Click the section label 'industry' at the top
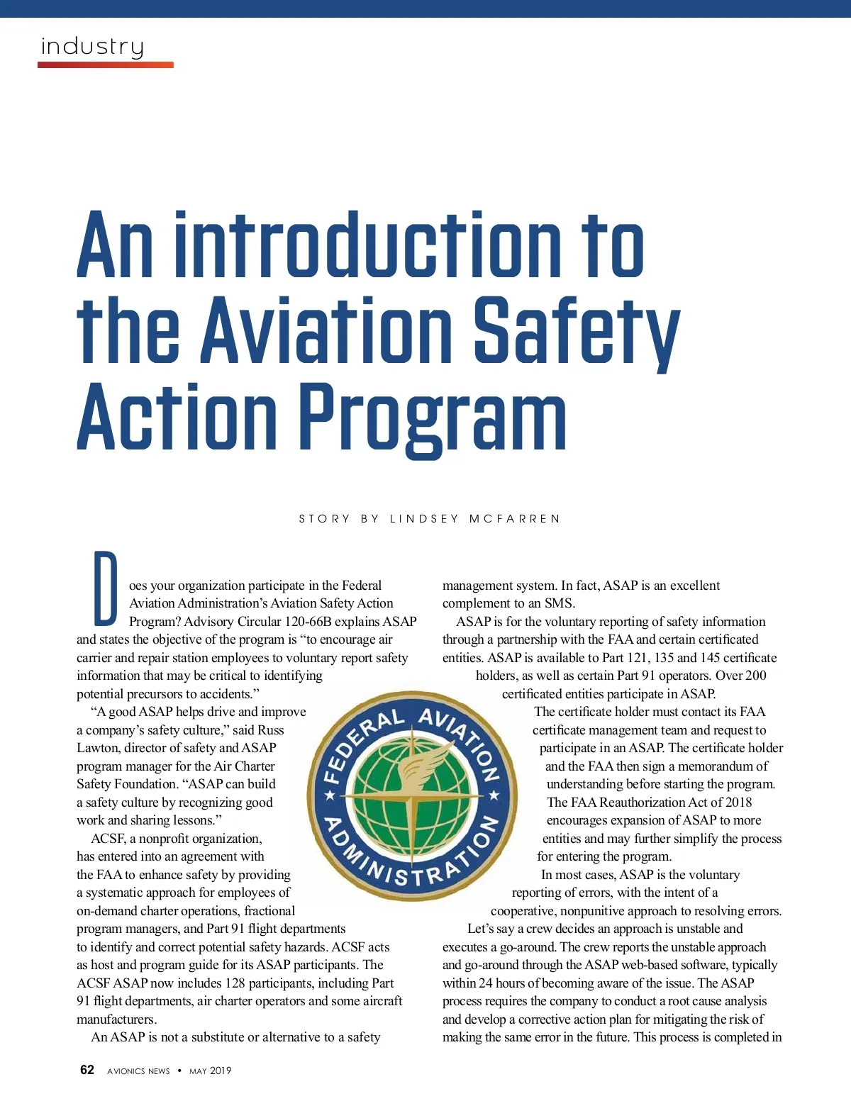92,47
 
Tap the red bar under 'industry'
105,65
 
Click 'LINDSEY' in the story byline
425,519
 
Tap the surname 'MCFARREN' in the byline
515,519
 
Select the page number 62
87,1070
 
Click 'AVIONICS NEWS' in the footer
138,1071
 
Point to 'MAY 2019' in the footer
210,1071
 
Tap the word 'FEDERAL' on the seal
361,744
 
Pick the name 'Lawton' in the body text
98,748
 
